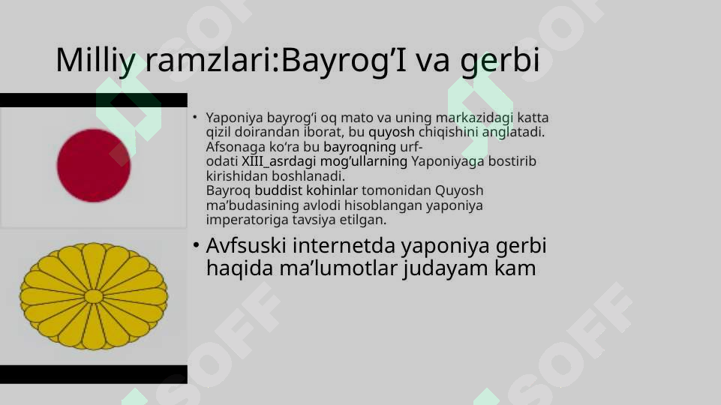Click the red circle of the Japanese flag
pos(94,165)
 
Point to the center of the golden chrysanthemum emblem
pos(94,296)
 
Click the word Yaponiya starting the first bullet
pos(233,118)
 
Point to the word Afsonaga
pos(231,147)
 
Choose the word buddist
pos(278,190)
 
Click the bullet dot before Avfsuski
pos(194,245)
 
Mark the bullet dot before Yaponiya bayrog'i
pos(194,118)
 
